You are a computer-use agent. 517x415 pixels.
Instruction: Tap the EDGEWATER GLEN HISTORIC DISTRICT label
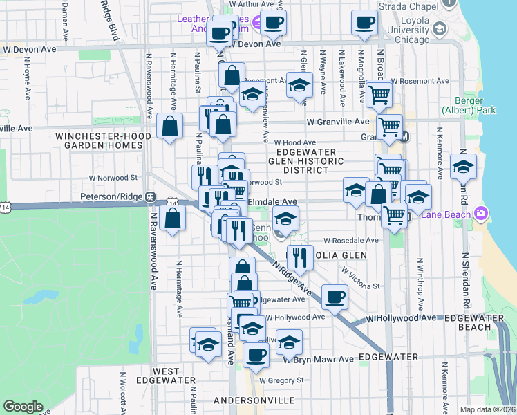(x=306, y=160)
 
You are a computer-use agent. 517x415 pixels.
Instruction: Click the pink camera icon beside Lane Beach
(x=482, y=213)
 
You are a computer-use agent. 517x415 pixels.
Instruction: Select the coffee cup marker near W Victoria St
(x=335, y=297)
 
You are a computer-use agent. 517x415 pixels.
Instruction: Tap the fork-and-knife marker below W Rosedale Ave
(x=299, y=258)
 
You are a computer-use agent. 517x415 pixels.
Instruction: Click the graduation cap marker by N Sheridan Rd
(x=463, y=166)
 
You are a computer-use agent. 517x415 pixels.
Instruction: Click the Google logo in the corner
(x=23, y=406)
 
